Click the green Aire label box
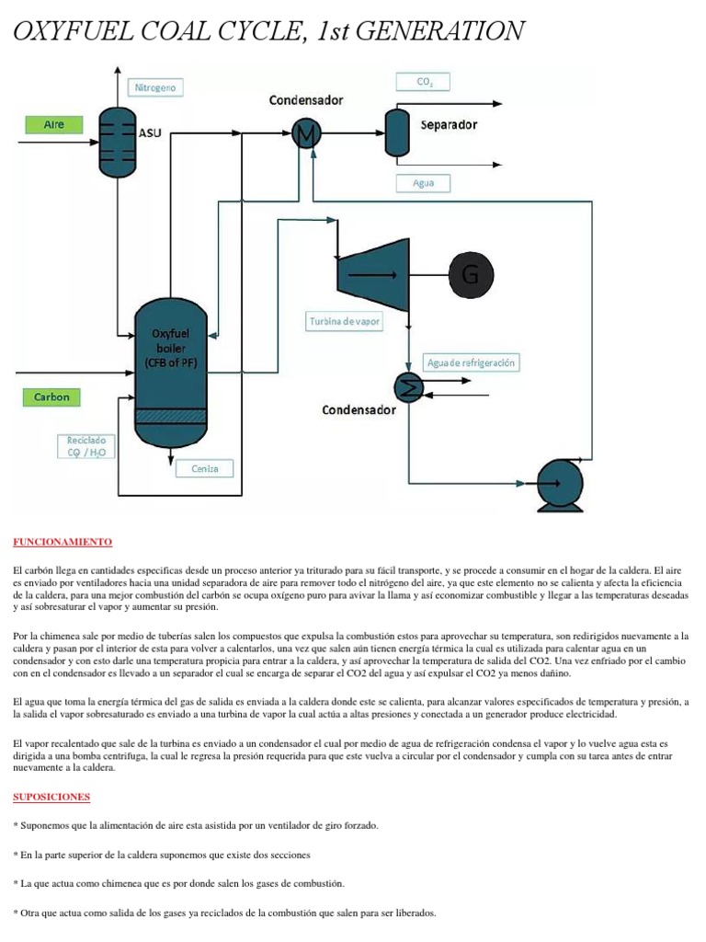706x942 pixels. [x=54, y=124]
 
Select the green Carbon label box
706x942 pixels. [x=51, y=397]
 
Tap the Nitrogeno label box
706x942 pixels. [x=155, y=88]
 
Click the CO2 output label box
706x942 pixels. [x=424, y=82]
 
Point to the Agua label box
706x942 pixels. [x=424, y=183]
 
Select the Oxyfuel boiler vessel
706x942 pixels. [x=171, y=372]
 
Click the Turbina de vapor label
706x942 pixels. [x=344, y=322]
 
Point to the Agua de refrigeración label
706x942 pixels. [x=472, y=362]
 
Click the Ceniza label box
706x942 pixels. [x=205, y=468]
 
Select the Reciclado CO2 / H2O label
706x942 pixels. [x=85, y=445]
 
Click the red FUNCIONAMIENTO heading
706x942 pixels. [x=63, y=543]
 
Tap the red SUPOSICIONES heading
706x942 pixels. [x=52, y=796]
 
